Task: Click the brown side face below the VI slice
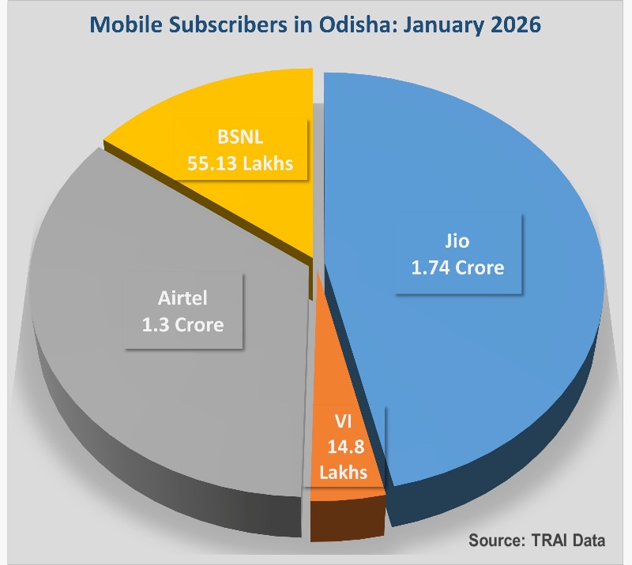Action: click(346, 519)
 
